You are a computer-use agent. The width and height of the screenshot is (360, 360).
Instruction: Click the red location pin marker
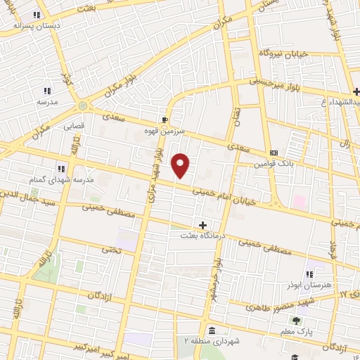click(x=181, y=165)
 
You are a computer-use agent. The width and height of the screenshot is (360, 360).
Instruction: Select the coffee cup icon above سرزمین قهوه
click(x=165, y=120)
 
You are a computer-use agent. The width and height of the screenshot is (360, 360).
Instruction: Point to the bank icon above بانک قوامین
click(x=274, y=153)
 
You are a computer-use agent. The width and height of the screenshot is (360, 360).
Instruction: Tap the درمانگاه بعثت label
click(x=204, y=236)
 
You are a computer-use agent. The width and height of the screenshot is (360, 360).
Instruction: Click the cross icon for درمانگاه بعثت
click(x=204, y=225)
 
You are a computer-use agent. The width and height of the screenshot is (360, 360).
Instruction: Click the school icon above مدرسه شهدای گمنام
click(x=61, y=168)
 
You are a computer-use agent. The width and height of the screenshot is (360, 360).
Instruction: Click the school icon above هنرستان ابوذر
click(x=309, y=274)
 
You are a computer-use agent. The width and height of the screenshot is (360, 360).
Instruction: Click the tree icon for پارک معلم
click(x=295, y=320)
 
